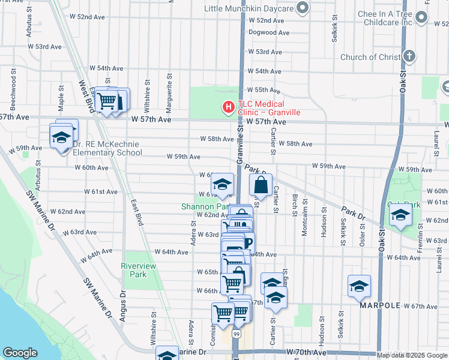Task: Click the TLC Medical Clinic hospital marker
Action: pyautogui.click(x=228, y=108)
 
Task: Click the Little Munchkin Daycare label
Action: pyautogui.click(x=249, y=8)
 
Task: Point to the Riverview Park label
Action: pyautogui.click(x=138, y=270)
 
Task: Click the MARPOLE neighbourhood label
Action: pyautogui.click(x=380, y=305)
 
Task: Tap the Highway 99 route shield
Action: pyautogui.click(x=236, y=334)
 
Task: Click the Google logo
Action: pyautogui.click(x=20, y=353)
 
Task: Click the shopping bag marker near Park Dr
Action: pyautogui.click(x=261, y=186)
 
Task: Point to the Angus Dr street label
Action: pyautogui.click(x=122, y=306)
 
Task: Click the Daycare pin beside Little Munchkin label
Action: pyautogui.click(x=303, y=8)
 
